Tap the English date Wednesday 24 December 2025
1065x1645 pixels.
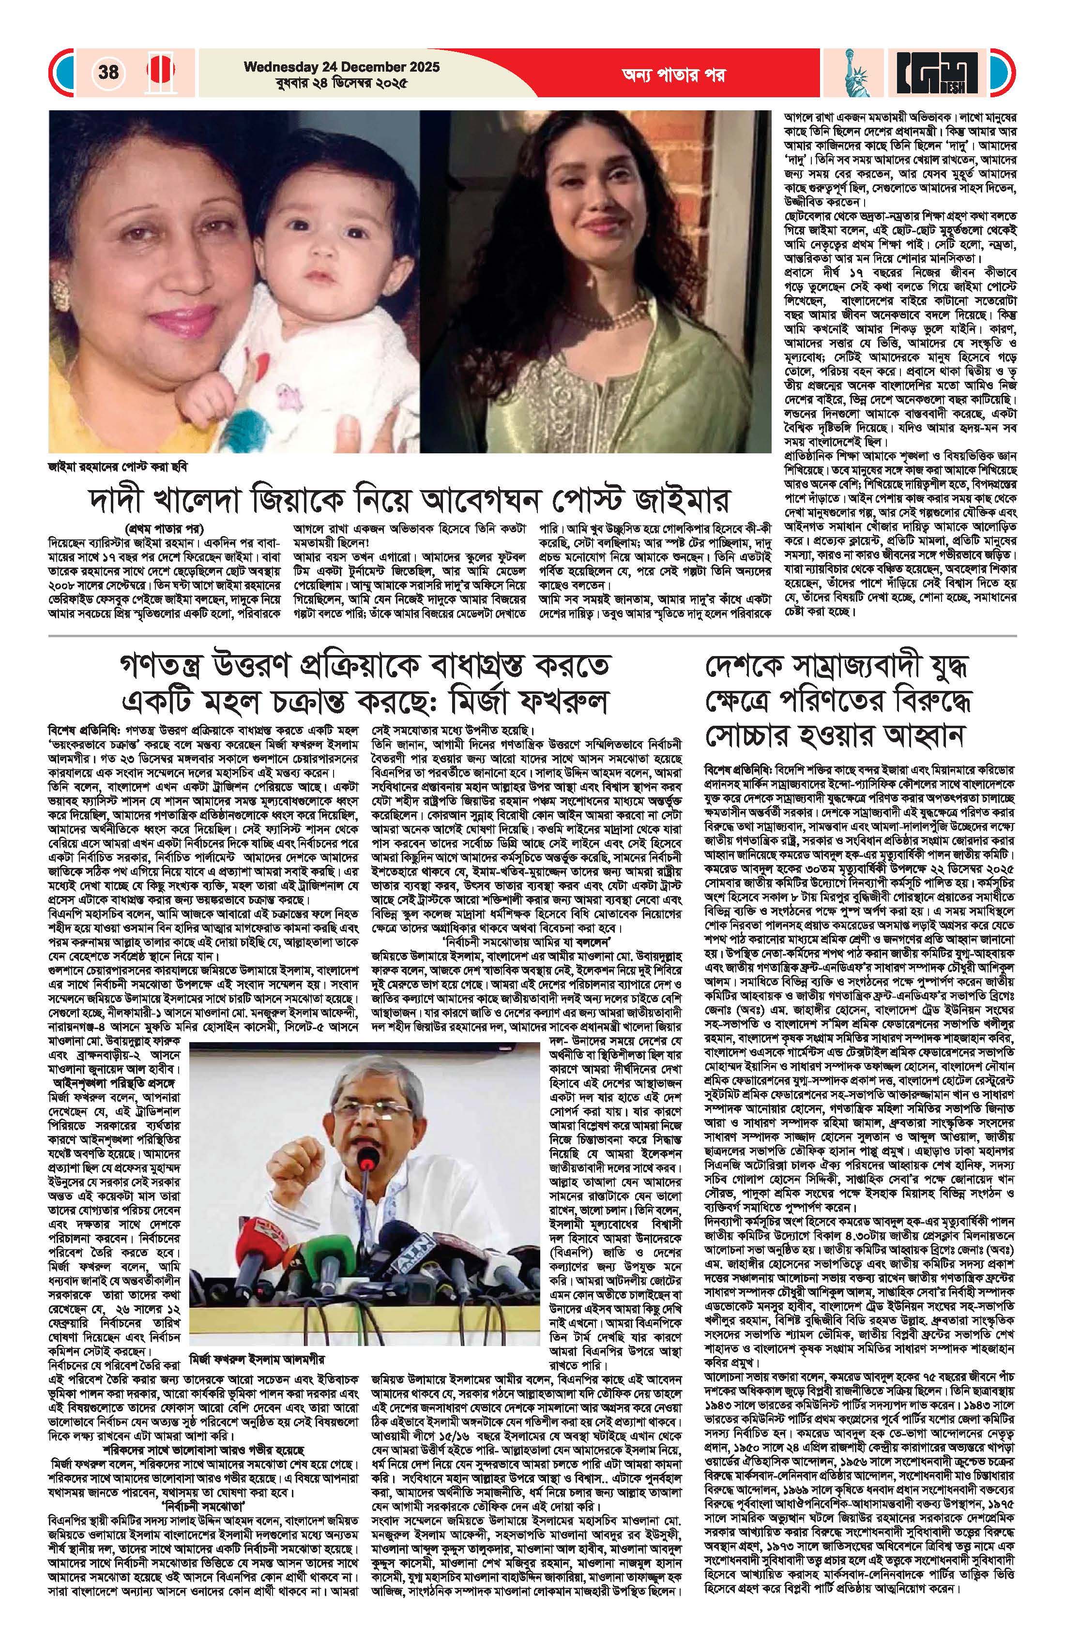[341, 67]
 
